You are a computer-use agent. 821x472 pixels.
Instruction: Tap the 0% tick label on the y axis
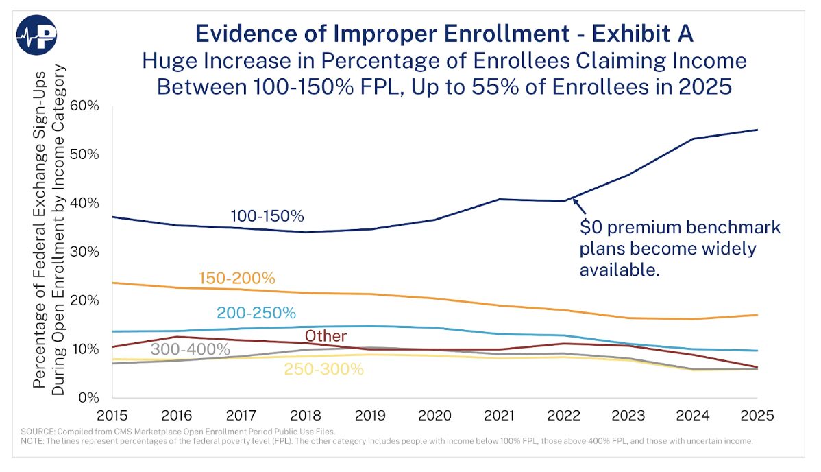coord(89,397)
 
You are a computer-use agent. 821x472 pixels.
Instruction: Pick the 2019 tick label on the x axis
coord(371,416)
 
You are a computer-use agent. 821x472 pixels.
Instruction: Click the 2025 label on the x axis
coord(757,416)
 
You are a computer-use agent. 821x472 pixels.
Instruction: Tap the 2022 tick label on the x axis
coord(564,416)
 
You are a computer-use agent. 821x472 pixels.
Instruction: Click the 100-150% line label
coord(267,216)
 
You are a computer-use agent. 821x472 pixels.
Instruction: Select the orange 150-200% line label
coord(236,279)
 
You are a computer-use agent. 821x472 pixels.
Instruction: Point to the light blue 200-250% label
coord(256,313)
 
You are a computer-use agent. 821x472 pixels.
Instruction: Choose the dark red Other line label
coord(326,336)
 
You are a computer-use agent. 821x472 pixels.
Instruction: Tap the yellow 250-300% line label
coord(323,368)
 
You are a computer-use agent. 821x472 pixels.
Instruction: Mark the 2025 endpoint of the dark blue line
coord(757,130)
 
